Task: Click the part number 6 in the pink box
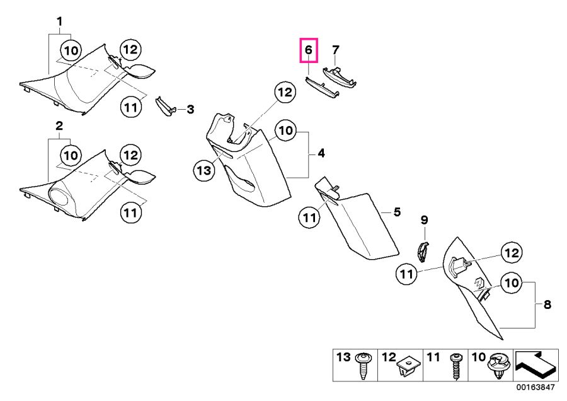point(308,49)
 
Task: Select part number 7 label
point(336,49)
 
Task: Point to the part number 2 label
point(59,126)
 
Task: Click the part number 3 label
point(190,110)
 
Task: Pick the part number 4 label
point(321,153)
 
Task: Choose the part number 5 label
point(397,212)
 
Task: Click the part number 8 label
point(547,305)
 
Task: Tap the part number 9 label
point(424,220)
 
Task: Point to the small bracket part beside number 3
point(166,107)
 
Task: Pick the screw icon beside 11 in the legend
point(454,366)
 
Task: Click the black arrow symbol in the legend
point(535,363)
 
